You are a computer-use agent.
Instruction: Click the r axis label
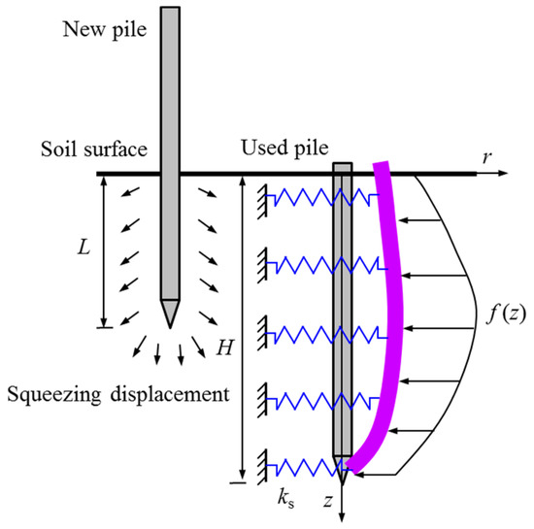(x=484, y=155)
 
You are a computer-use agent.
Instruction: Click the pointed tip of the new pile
(x=170, y=324)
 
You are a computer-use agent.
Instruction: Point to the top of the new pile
(x=170, y=10)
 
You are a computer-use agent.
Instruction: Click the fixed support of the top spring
(x=263, y=198)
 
